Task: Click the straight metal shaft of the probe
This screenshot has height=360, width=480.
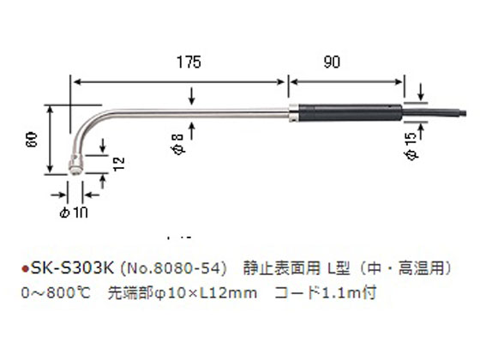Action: click(197, 111)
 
